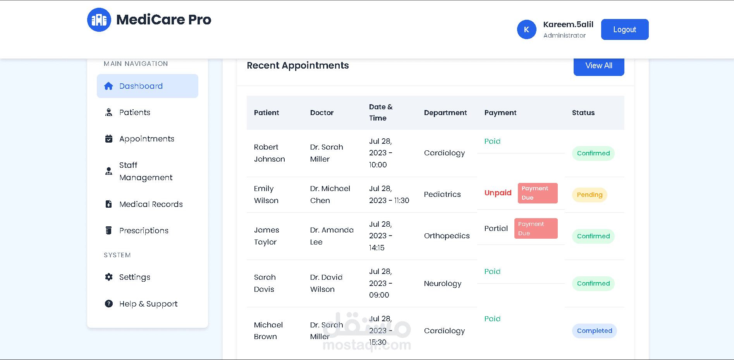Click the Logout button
[624, 29]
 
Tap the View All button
[598, 66]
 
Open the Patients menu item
[134, 112]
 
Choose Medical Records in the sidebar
[151, 204]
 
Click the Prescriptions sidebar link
[144, 231]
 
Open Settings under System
[134, 277]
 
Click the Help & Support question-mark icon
[109, 304]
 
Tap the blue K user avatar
[526, 29]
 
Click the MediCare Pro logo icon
[99, 20]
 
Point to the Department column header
[445, 113]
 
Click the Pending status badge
[589, 195]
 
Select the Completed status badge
[594, 331]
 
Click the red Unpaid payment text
[498, 193]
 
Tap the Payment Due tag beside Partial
[536, 229]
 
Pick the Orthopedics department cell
[447, 236]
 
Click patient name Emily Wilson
[266, 195]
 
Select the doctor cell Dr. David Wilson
[326, 283]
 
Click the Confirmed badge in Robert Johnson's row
[593, 153]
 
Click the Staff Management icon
[109, 171]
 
